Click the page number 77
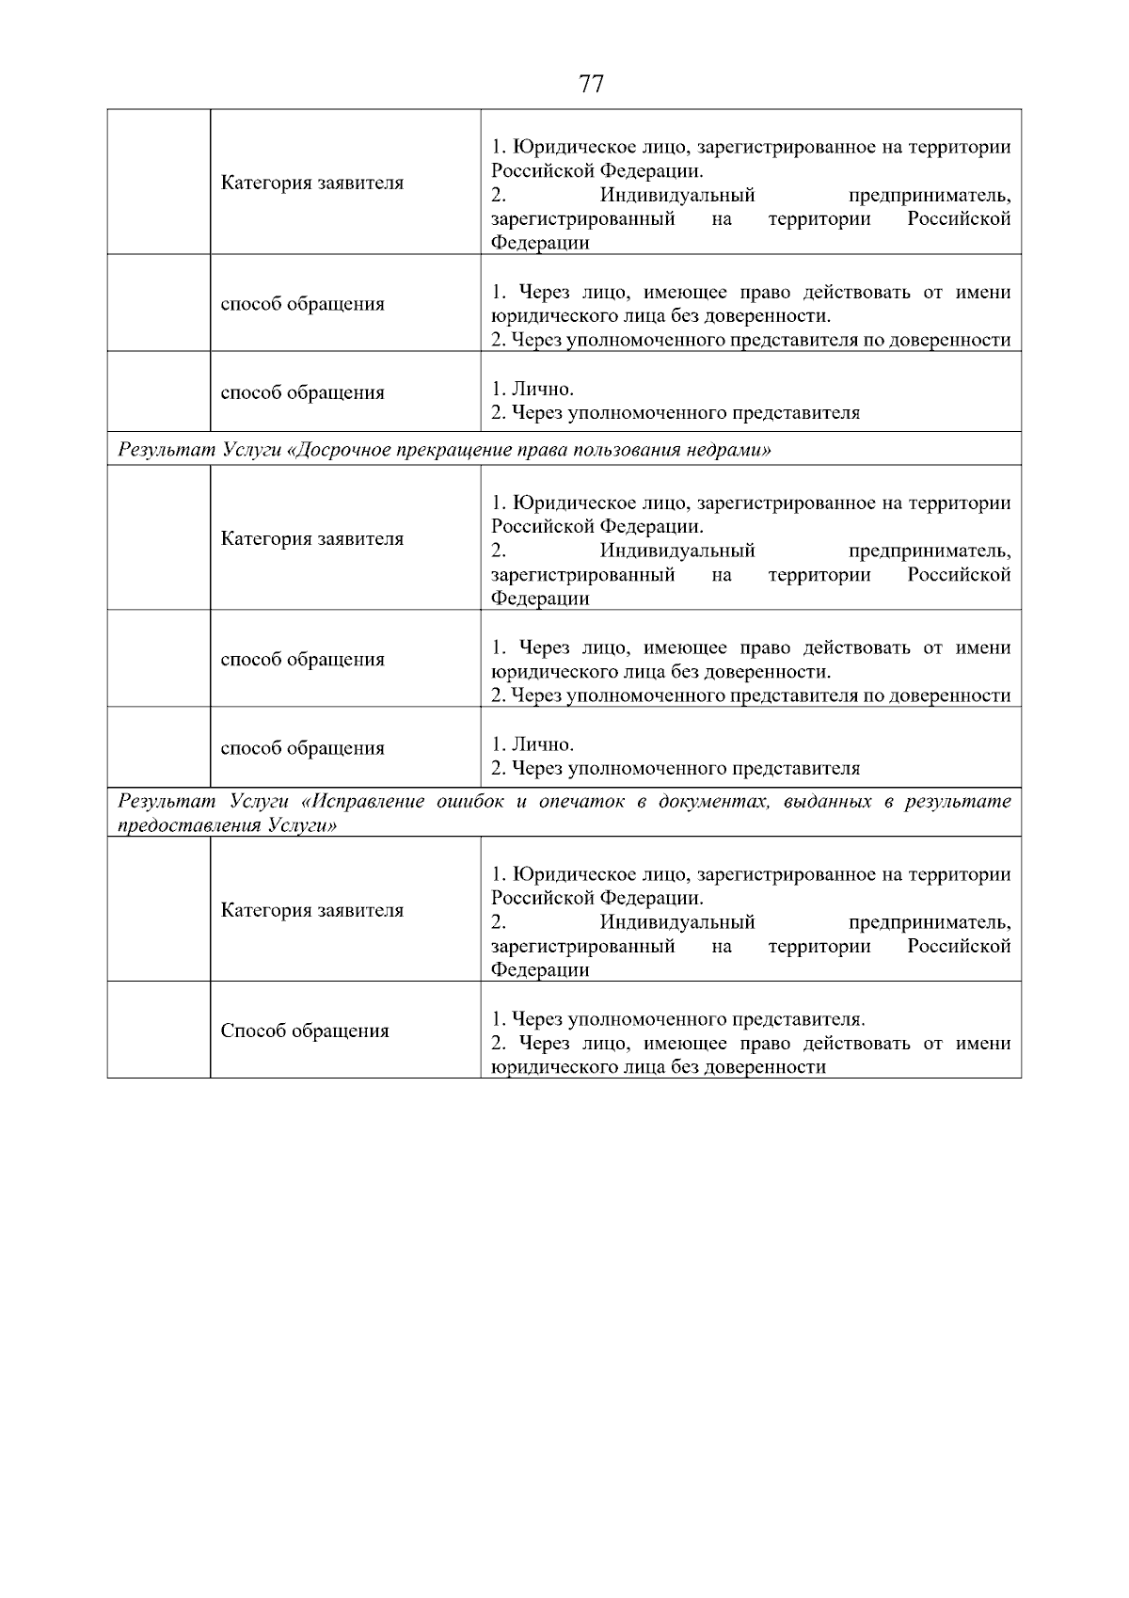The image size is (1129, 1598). click(591, 85)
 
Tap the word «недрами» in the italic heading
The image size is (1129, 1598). click(730, 450)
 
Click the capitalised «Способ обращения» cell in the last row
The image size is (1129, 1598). click(305, 1031)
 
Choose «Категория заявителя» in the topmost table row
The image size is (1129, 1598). click(312, 183)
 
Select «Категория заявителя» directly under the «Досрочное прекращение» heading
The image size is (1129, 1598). click(312, 538)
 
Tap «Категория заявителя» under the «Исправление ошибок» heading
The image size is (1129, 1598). click(312, 910)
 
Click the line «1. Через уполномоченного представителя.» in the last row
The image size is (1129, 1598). click(677, 1019)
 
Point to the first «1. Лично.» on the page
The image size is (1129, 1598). click(533, 389)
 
